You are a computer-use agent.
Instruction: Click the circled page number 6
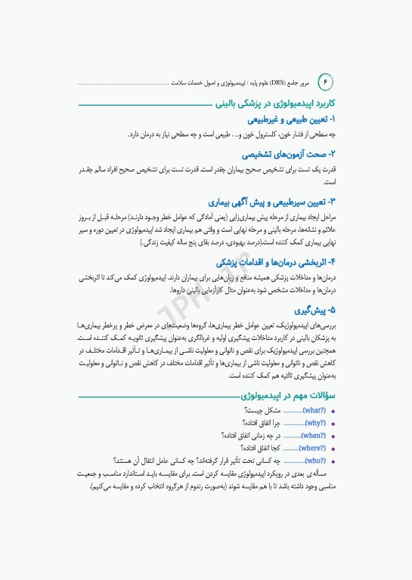coord(327,80)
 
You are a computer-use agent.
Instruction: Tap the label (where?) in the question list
coord(311,448)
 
